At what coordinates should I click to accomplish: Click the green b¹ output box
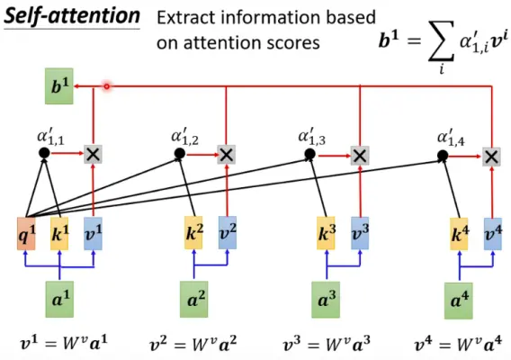(60, 86)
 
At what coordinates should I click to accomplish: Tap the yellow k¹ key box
(60, 234)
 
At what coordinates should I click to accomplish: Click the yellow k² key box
(194, 234)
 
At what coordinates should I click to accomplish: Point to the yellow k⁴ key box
(460, 234)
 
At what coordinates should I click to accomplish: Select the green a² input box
(194, 298)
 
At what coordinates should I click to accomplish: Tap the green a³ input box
(327, 298)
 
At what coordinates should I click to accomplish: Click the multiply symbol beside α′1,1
(93, 155)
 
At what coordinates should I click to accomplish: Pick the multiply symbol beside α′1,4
(491, 155)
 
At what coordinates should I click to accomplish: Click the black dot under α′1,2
(179, 155)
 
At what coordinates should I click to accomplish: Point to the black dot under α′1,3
(309, 155)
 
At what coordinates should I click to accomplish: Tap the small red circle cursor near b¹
(106, 86)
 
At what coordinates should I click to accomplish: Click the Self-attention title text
(71, 16)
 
